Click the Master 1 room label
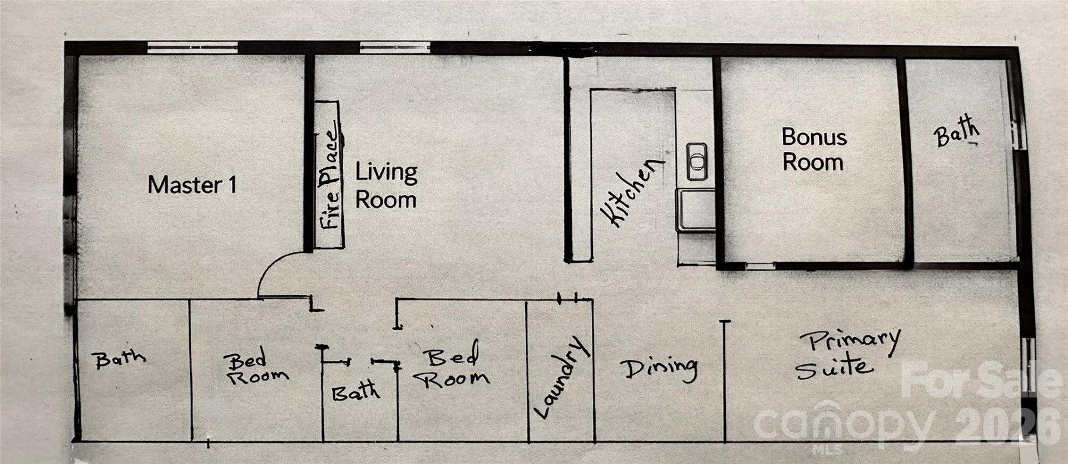point(192,185)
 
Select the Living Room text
point(386,186)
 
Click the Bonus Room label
point(814,149)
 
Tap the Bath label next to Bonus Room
point(956,131)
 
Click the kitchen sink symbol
point(696,162)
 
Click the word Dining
point(659,368)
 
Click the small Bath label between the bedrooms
point(356,392)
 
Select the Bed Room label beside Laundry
point(453,368)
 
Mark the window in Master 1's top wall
point(192,48)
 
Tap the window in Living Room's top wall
point(394,47)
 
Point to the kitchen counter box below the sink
point(695,209)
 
